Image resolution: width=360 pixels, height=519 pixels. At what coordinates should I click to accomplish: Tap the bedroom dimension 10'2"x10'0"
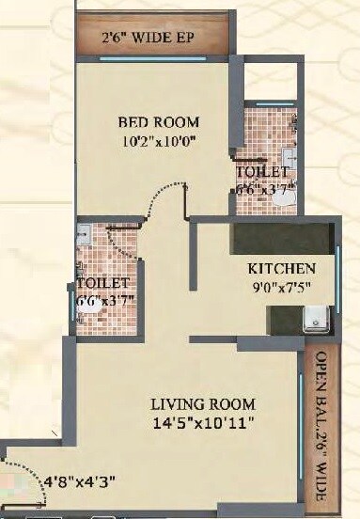[x=155, y=143]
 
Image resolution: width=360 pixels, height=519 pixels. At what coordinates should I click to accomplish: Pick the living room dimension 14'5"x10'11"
[x=204, y=424]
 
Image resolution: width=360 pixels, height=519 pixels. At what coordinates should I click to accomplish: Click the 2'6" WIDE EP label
[x=154, y=39]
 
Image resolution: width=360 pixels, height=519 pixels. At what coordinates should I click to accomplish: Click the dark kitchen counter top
[x=282, y=237]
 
